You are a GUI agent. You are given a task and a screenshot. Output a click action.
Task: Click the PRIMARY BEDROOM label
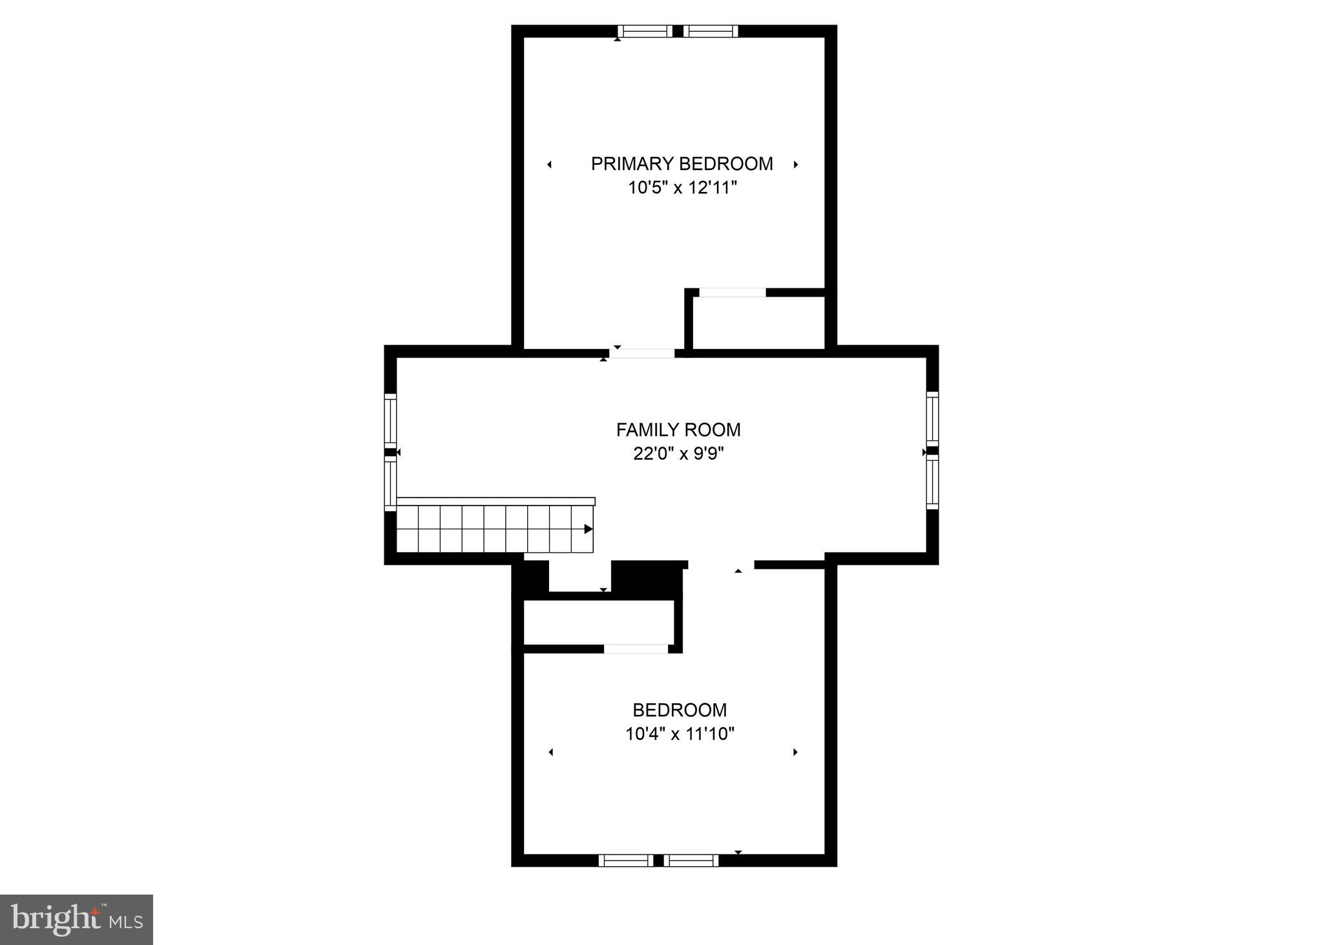pos(682,164)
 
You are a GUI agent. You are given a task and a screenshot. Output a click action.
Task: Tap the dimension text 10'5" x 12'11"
pos(682,188)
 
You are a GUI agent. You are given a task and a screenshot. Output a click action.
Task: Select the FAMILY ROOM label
pos(678,429)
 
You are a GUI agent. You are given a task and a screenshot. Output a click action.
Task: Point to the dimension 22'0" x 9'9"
pos(678,454)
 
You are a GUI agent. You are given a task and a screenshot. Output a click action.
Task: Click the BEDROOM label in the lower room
pos(680,710)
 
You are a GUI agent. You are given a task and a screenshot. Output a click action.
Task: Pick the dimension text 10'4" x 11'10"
pos(680,734)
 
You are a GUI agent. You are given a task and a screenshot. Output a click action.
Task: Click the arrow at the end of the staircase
pos(588,529)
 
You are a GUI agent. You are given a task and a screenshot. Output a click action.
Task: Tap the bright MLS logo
pos(76,919)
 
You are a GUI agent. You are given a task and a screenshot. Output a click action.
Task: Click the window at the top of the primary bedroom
pos(678,31)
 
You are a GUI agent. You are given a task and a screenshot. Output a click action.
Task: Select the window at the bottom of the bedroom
pos(658,860)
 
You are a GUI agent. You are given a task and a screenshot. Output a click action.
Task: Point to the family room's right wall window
pos(932,451)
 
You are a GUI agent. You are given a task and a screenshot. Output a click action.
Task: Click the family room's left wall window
pos(390,451)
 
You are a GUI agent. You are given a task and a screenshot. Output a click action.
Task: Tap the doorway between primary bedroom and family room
pos(642,353)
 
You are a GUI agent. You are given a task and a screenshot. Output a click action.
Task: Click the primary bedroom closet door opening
pos(733,293)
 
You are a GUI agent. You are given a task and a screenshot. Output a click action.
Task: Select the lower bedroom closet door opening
pos(636,648)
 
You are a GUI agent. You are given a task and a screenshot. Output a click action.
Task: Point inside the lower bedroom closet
pos(598,622)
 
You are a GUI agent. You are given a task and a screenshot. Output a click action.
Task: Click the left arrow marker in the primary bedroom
pos(549,165)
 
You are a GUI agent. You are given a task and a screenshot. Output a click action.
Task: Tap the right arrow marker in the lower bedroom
pos(795,752)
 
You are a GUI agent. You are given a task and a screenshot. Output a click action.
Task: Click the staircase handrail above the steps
pos(495,501)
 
